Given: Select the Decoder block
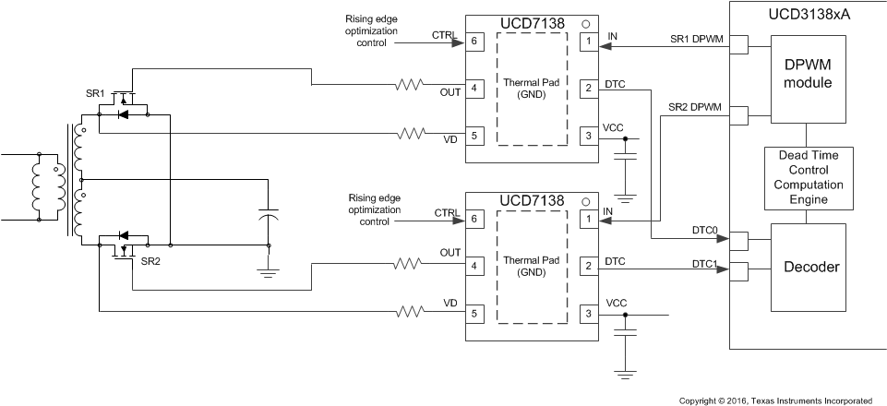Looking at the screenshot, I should [808, 268].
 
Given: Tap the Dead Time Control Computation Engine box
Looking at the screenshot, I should [808, 177].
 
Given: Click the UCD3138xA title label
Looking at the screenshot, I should [809, 15].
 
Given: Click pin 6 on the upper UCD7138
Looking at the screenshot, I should [473, 42].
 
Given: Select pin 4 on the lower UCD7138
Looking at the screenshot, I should [473, 267].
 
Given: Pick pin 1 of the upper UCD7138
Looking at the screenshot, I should [586, 42].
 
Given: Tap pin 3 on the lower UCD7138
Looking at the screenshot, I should [586, 315].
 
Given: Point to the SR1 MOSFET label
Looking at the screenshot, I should [95, 95].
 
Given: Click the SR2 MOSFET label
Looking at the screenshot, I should [150, 262].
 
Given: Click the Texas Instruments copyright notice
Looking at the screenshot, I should [775, 400].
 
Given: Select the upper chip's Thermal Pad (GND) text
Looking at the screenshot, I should [533, 88].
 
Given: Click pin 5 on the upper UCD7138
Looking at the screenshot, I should [473, 136].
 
